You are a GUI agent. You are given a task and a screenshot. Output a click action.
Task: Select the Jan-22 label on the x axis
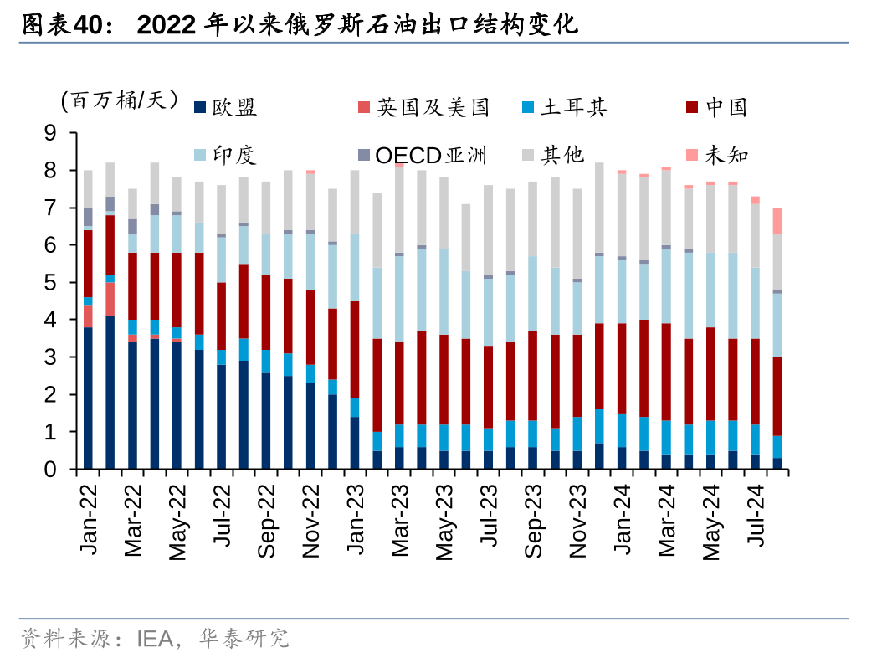tap(89, 519)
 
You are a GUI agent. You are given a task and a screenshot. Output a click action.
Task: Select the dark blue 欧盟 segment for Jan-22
tap(88, 398)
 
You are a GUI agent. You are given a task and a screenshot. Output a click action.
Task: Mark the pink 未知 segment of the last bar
tap(777, 220)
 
